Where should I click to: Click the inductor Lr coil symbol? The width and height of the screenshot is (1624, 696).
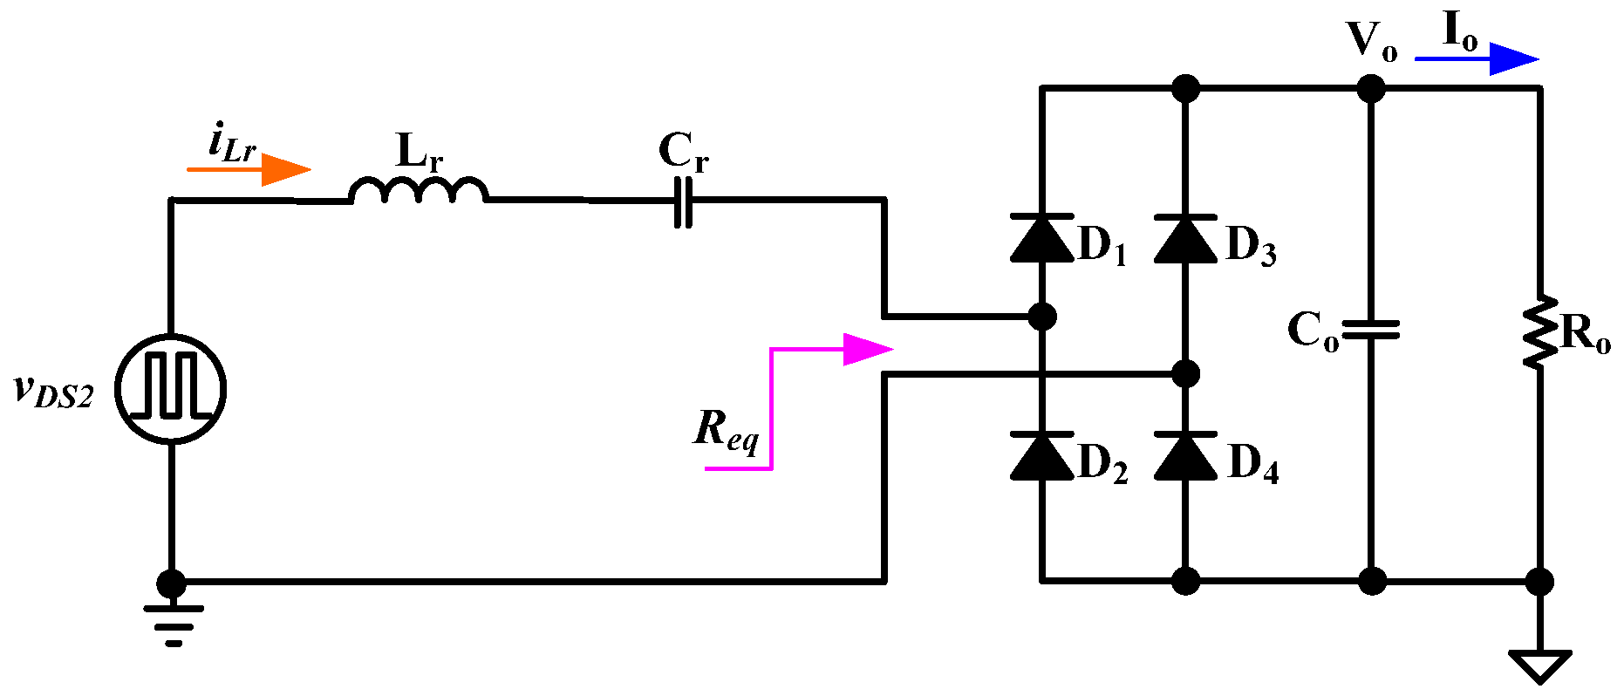(x=419, y=191)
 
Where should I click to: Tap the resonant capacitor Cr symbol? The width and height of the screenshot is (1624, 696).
(x=683, y=201)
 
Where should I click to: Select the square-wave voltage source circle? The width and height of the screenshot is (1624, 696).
(x=171, y=389)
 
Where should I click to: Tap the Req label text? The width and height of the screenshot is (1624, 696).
(x=726, y=430)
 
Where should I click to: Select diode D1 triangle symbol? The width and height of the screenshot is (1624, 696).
(x=1042, y=238)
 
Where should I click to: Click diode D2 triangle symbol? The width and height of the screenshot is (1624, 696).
(x=1042, y=456)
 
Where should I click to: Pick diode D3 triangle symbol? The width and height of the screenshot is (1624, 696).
(x=1184, y=238)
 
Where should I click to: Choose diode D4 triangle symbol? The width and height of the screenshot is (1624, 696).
(x=1184, y=456)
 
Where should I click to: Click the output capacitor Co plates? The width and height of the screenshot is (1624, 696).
(x=1371, y=330)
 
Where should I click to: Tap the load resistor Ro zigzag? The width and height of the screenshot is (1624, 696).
(x=1540, y=331)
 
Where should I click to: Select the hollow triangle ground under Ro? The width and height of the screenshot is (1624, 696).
(x=1540, y=665)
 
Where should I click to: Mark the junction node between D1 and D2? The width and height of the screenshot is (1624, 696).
(x=1042, y=316)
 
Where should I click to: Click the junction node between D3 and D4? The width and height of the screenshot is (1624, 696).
(x=1184, y=374)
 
